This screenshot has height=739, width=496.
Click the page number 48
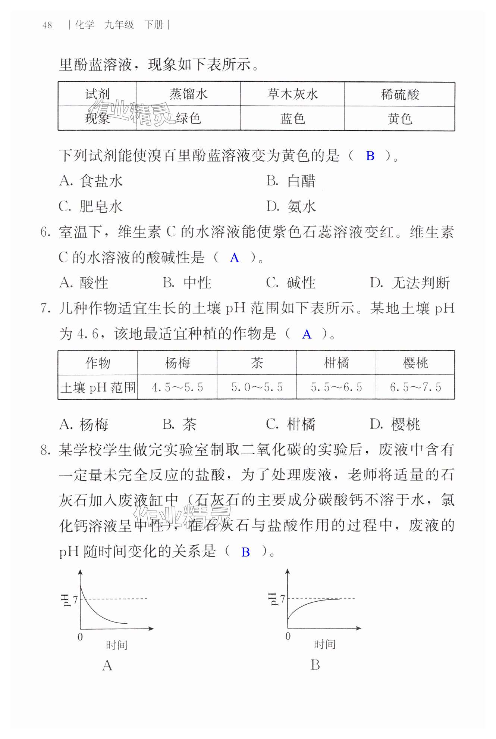tap(47, 25)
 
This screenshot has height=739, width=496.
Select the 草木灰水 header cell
tap(292, 94)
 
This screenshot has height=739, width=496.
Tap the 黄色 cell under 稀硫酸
tap(399, 119)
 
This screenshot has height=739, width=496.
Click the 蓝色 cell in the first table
tap(292, 119)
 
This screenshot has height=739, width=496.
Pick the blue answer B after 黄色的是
tap(370, 156)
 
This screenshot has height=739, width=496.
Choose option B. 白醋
tap(291, 181)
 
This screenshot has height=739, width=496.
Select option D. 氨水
tap(291, 206)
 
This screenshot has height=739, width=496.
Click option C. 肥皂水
tap(91, 206)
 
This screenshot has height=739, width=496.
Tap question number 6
tap(45, 232)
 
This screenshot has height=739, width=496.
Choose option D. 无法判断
tap(409, 283)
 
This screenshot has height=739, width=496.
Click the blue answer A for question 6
tap(234, 258)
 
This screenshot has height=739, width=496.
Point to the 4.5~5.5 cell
tap(177, 387)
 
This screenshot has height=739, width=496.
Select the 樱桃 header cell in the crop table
tap(415, 363)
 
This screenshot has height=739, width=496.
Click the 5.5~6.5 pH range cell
tap(336, 387)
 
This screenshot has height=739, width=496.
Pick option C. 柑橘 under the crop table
tap(291, 424)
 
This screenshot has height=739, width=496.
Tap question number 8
tap(45, 450)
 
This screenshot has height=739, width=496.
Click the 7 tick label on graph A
tap(75, 599)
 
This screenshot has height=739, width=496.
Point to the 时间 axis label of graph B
tap(324, 644)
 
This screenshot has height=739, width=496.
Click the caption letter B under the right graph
tap(315, 665)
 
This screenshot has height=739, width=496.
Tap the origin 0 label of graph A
tap(80, 637)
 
